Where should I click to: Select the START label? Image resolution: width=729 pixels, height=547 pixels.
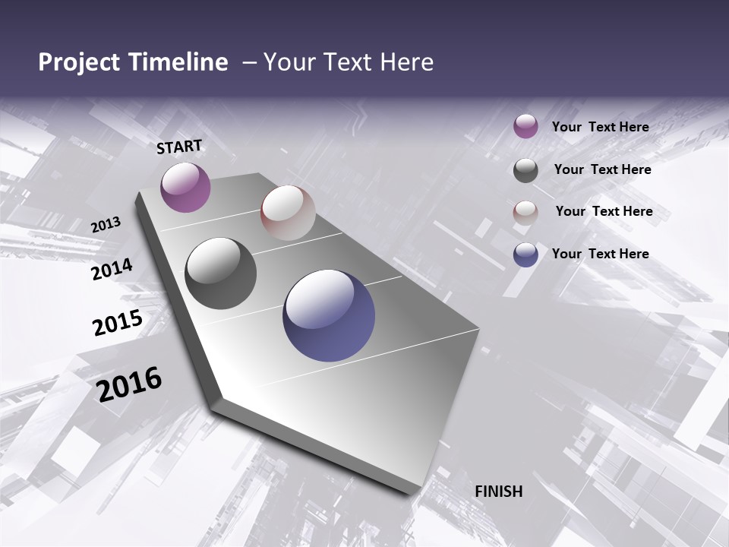(179, 147)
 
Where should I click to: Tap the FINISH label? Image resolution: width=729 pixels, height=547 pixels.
(498, 492)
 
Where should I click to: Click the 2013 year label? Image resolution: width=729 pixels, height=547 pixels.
(106, 225)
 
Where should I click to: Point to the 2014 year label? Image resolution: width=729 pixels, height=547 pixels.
(112, 269)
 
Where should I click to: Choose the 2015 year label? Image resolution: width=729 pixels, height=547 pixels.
(118, 322)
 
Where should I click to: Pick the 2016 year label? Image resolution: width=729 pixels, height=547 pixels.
(129, 384)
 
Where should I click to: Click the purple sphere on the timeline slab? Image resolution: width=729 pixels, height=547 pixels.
(185, 187)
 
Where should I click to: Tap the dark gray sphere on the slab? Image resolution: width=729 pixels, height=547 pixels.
(221, 273)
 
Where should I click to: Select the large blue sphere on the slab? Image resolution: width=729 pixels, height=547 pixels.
(329, 315)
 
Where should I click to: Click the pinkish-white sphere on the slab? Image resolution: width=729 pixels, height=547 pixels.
(288, 213)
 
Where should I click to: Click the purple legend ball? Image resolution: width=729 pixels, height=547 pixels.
(525, 127)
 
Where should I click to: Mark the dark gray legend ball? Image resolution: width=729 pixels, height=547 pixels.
(525, 170)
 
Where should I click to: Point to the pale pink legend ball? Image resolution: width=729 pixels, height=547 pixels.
(525, 212)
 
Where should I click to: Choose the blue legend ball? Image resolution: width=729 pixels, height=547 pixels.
(525, 255)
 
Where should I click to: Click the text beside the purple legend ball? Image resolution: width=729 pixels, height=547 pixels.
(600, 128)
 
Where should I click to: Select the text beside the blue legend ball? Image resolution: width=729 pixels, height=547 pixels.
(600, 254)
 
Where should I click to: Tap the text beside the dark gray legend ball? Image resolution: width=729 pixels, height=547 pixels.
(602, 169)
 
